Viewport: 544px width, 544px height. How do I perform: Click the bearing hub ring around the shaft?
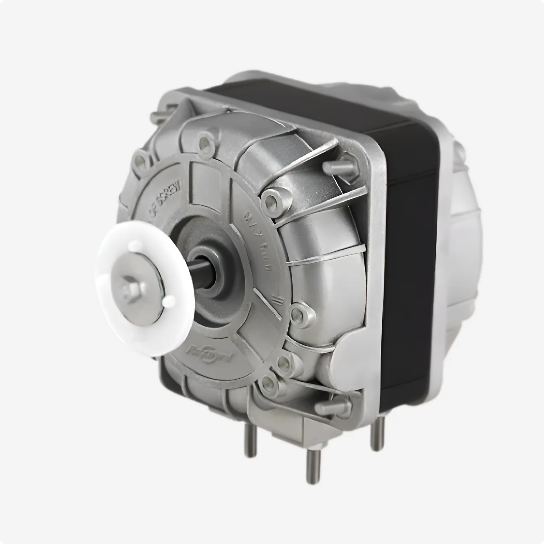[x=213, y=267]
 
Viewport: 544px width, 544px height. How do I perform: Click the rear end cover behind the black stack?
[x=465, y=217]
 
